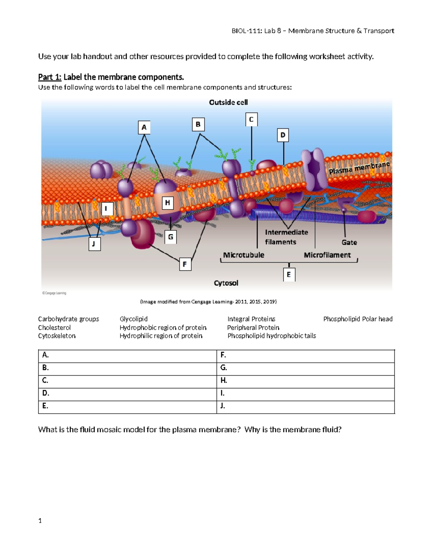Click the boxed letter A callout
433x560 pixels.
pyautogui.click(x=144, y=127)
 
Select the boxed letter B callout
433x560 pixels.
pyautogui.click(x=198, y=124)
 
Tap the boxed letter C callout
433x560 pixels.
pyautogui.click(x=252, y=119)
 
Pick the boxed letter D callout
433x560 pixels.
pyautogui.click(x=283, y=135)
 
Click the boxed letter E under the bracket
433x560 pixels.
pyautogui.click(x=289, y=274)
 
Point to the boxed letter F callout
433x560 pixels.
pyautogui.click(x=185, y=264)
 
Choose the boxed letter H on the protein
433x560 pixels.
pyautogui.click(x=167, y=203)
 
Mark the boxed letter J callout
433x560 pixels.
pyautogui.click(x=94, y=244)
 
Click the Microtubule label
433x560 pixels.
pyautogui.click(x=244, y=255)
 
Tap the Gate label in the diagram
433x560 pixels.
pyautogui.click(x=349, y=242)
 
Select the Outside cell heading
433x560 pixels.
pyautogui.click(x=228, y=102)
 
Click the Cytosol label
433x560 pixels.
pyautogui.click(x=226, y=283)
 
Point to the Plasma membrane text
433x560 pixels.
pyautogui.click(x=359, y=168)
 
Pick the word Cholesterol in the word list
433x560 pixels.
pyautogui.click(x=54, y=327)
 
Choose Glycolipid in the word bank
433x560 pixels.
pyautogui.click(x=134, y=319)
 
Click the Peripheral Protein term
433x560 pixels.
pyautogui.click(x=253, y=327)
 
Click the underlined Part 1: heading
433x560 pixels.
pyautogui.click(x=50, y=77)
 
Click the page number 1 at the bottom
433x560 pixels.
pyautogui.click(x=40, y=520)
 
